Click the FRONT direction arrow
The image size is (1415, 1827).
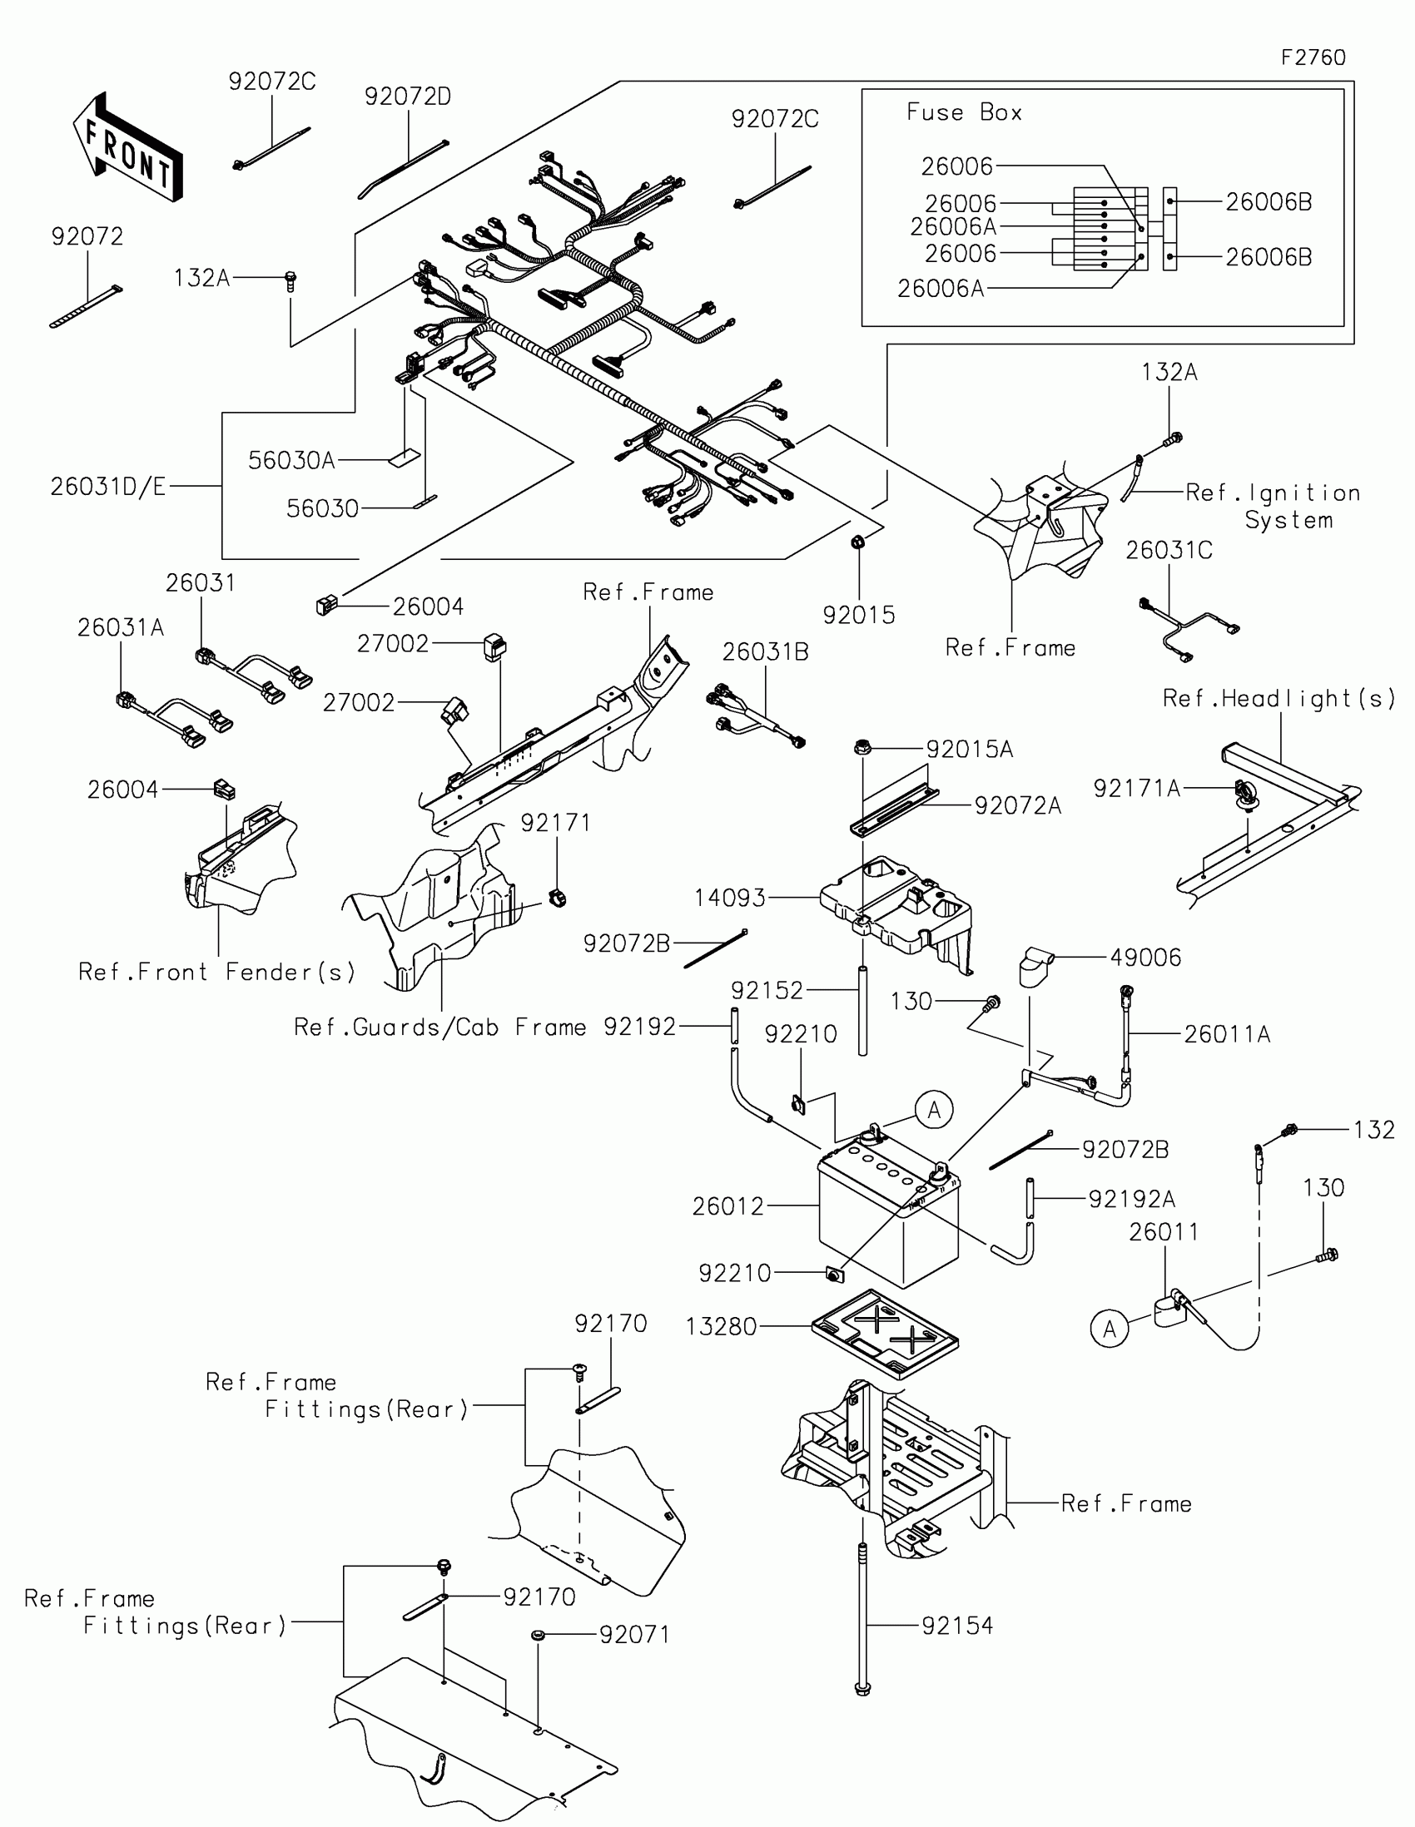127,147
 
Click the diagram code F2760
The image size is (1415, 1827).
1313,57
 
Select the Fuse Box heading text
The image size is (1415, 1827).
964,112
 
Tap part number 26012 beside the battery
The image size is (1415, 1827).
727,1206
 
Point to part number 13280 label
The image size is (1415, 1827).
721,1327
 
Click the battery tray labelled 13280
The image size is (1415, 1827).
886,1333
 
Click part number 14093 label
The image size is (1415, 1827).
730,899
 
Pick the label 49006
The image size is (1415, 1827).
1145,958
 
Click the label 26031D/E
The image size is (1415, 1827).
108,486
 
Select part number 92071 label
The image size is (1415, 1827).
634,1635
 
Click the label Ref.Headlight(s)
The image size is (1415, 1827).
1279,699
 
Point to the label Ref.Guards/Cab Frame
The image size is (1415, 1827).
440,1027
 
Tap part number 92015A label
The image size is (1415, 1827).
969,750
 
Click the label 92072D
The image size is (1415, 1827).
408,97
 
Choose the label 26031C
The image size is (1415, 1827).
1169,551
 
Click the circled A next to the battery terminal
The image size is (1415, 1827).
935,1110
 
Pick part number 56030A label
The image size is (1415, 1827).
291,460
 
